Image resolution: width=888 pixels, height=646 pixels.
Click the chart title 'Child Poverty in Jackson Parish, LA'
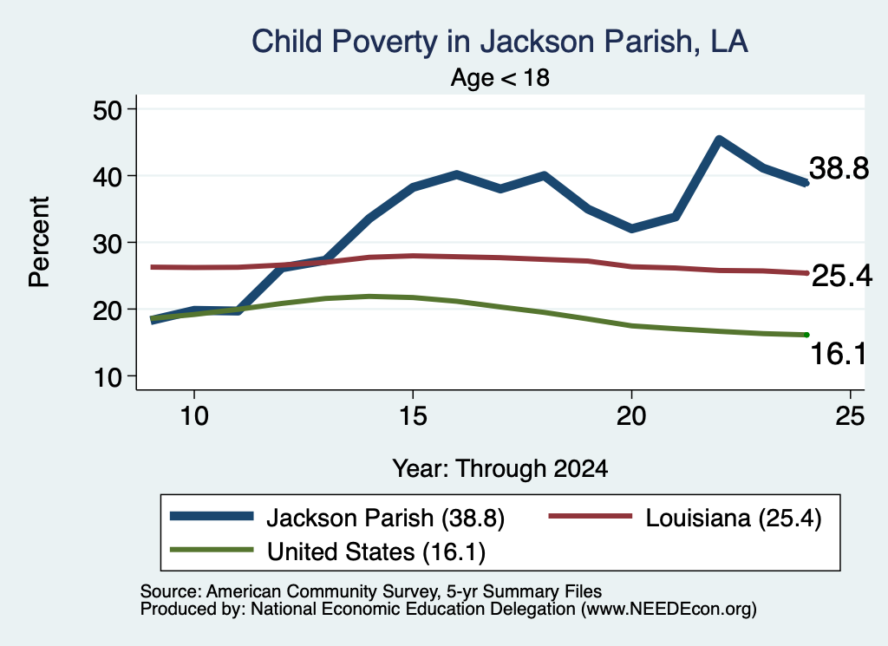[499, 42]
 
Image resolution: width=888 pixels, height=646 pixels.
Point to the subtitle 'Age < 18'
[500, 77]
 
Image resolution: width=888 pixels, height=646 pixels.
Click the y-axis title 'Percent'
[39, 242]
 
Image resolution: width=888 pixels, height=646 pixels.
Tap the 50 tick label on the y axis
[108, 109]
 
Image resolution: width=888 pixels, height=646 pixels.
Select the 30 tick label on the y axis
[108, 243]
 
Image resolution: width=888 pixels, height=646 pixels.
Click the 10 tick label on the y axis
[108, 377]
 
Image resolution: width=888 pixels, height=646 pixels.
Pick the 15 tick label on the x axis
[413, 416]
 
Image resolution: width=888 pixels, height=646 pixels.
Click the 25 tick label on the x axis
[850, 416]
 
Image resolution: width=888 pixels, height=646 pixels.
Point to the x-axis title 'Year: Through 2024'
[500, 469]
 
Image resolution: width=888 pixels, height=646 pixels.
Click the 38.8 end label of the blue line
[839, 168]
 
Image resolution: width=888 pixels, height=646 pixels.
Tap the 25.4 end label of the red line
[842, 277]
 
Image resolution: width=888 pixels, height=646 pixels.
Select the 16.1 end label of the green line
[839, 354]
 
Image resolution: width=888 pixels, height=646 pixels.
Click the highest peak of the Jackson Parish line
[719, 140]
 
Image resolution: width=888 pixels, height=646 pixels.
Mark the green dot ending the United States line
[806, 336]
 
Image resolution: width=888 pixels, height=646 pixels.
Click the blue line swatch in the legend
[212, 516]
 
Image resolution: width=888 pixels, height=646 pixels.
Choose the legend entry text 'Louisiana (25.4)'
[734, 518]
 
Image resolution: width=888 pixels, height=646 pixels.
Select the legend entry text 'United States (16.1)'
[376, 552]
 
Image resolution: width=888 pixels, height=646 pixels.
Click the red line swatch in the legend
[590, 516]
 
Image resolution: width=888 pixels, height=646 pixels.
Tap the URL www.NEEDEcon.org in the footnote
[669, 610]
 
